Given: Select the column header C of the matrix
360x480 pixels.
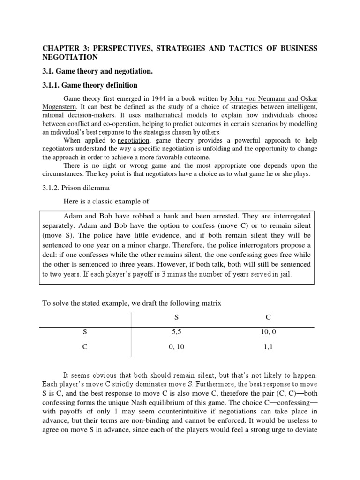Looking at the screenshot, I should coord(268,317).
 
